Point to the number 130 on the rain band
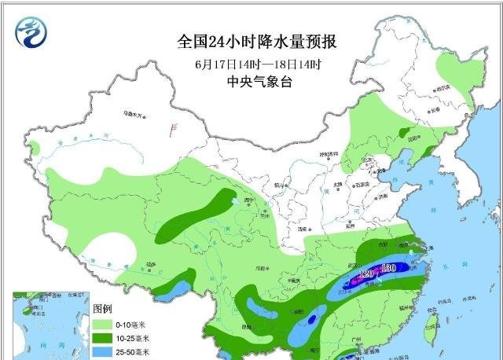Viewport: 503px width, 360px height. click(x=388, y=269)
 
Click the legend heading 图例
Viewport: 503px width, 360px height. click(x=103, y=307)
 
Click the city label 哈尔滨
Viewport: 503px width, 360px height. click(x=442, y=88)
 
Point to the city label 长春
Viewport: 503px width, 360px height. click(x=435, y=109)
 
